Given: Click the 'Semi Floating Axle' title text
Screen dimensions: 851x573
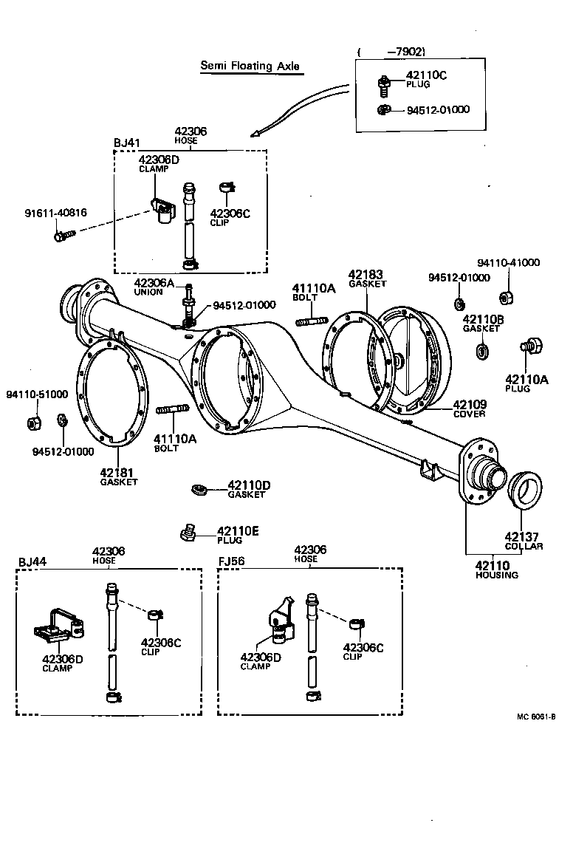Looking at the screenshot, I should click(x=250, y=66).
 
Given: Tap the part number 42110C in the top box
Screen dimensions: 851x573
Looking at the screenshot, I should click(x=426, y=75).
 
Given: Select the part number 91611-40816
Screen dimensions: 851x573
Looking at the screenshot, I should click(x=55, y=213).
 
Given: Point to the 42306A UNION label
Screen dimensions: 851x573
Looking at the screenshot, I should click(x=154, y=287).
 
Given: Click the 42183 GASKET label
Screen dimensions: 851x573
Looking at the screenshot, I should click(x=367, y=278).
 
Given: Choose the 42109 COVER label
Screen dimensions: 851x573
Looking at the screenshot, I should click(x=469, y=409).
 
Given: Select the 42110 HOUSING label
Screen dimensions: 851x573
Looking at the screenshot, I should click(x=496, y=570).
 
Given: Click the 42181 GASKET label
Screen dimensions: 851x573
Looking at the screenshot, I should click(x=119, y=476).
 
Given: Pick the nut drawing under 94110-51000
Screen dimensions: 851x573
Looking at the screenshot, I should click(x=32, y=423).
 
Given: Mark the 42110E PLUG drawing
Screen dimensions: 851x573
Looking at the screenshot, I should click(x=187, y=532).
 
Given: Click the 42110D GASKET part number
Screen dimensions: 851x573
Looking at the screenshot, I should click(x=249, y=485).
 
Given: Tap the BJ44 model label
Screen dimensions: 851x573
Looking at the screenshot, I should click(x=32, y=561).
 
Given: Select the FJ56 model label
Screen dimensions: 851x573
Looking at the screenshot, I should click(x=232, y=561).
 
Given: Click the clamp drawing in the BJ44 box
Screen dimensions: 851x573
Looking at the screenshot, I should click(x=58, y=625).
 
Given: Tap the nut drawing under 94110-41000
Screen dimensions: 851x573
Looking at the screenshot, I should click(x=507, y=298).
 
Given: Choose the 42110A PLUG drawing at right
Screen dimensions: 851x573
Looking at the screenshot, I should click(x=530, y=346).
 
